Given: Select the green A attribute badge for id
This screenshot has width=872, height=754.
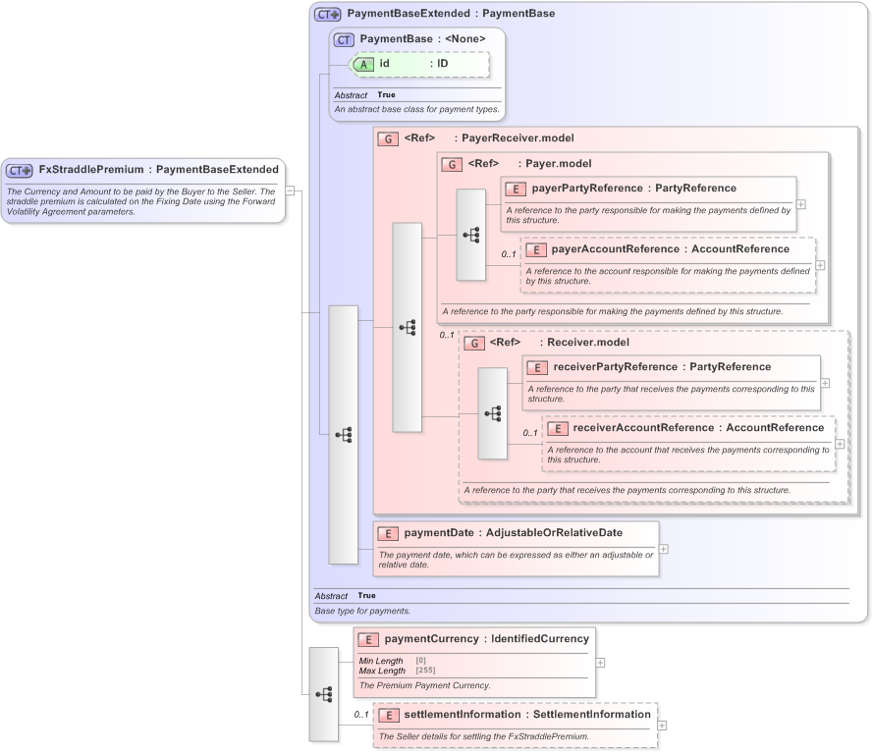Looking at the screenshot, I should pos(363,64).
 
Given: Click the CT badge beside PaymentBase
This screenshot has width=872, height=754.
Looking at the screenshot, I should pos(344,39).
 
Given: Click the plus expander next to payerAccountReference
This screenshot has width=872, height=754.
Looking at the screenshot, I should pos(820,265).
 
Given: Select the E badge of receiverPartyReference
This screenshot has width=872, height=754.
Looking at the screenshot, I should pos(536,367).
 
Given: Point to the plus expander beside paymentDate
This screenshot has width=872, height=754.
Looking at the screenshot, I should pos(664,549).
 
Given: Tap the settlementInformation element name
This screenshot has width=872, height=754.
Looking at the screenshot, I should pos(459,715).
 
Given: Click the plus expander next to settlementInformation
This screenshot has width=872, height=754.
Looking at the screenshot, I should pos(662,726).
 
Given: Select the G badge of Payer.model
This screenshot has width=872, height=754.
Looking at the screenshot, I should pos(453,164).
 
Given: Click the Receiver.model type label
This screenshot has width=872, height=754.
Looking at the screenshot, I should pos(588,343).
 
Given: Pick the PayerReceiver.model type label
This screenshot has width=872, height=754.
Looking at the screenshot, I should pos(518,138).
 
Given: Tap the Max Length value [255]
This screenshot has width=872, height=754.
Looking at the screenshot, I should pos(425,671).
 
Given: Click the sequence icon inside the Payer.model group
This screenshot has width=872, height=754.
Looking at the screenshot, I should pos(471,235).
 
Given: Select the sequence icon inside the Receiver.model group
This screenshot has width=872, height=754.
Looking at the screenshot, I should pos(493,413).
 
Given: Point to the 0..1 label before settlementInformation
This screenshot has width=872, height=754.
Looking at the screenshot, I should pos(360,715).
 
